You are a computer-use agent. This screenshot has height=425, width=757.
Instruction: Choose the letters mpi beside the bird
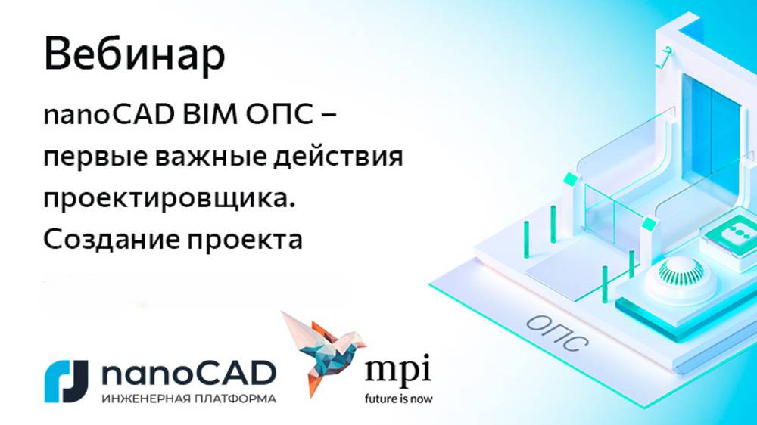click(x=397, y=372)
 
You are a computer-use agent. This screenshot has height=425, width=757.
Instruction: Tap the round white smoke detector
click(x=677, y=271)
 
